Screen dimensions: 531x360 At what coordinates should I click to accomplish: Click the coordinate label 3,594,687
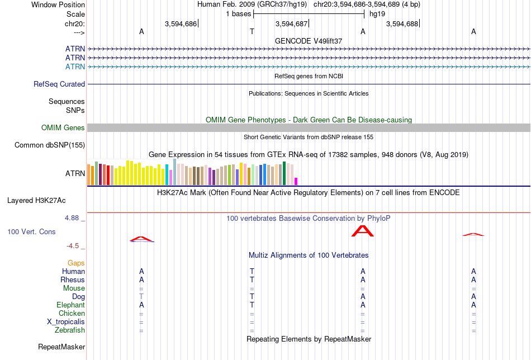coord(291,23)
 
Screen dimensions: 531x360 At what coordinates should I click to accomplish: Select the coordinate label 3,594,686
coord(181,23)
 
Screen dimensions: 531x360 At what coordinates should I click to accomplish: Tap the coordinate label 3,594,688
coord(402,23)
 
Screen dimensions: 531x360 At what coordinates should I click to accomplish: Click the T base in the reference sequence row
coord(252,31)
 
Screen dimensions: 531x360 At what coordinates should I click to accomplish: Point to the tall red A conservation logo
coord(363,231)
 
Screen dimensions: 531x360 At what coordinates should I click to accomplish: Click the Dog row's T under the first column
coord(141,296)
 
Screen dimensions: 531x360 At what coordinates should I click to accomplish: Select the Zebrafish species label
coord(70,330)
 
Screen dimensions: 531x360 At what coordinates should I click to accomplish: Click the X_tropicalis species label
coord(66,322)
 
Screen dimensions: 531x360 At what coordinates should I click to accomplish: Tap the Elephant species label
coord(70,305)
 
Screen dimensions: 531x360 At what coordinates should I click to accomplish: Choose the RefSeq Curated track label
coord(59,84)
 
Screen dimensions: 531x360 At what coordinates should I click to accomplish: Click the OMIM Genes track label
coord(63,127)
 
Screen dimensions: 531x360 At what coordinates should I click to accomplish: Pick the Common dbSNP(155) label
coord(50,145)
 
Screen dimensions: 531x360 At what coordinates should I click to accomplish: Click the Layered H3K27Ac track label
coord(36,201)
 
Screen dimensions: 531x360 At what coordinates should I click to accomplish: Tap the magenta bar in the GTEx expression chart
coord(296,182)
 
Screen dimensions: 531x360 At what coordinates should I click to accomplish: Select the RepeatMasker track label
coord(61,347)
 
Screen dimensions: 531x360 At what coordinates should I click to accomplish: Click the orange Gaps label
coord(76,263)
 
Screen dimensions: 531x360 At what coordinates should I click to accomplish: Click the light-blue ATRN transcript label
coord(75,67)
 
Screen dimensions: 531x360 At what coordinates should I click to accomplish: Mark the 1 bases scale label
coord(239,14)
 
